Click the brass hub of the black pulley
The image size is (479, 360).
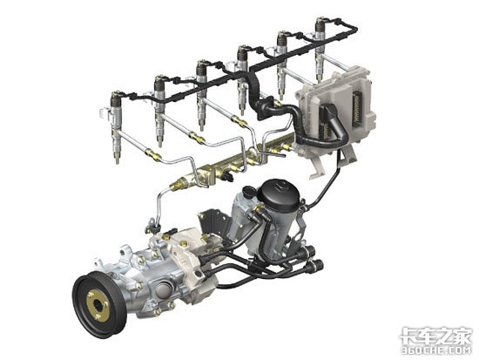click(98, 306)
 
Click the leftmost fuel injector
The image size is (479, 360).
click(116, 126)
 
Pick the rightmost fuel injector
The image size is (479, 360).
click(320, 49)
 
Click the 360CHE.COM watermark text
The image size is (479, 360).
click(436, 350)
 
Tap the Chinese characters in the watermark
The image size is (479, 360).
click(436, 336)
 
